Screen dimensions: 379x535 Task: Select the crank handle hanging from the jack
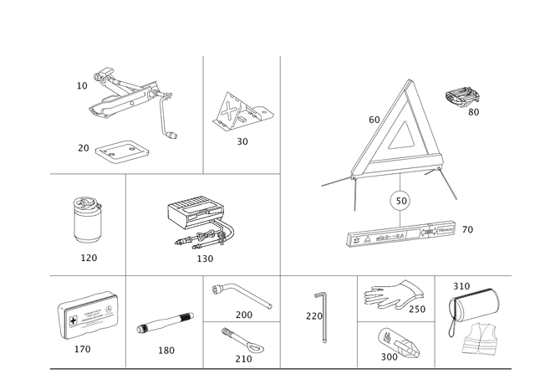click(170, 117)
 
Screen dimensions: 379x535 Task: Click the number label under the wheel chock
click(242, 142)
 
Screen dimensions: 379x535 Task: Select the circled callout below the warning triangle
click(400, 199)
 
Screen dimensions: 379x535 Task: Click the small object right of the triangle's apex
click(461, 97)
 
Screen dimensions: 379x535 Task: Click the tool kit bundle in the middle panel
click(201, 222)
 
